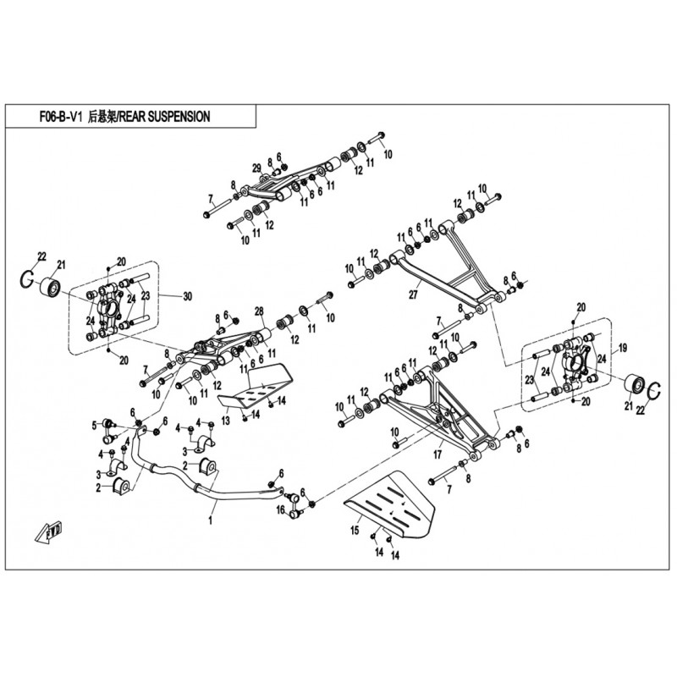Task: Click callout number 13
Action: pyautogui.click(x=225, y=419)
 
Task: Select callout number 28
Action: pyautogui.click(x=260, y=311)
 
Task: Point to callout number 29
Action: pyautogui.click(x=256, y=165)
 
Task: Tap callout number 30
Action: pyautogui.click(x=188, y=296)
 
